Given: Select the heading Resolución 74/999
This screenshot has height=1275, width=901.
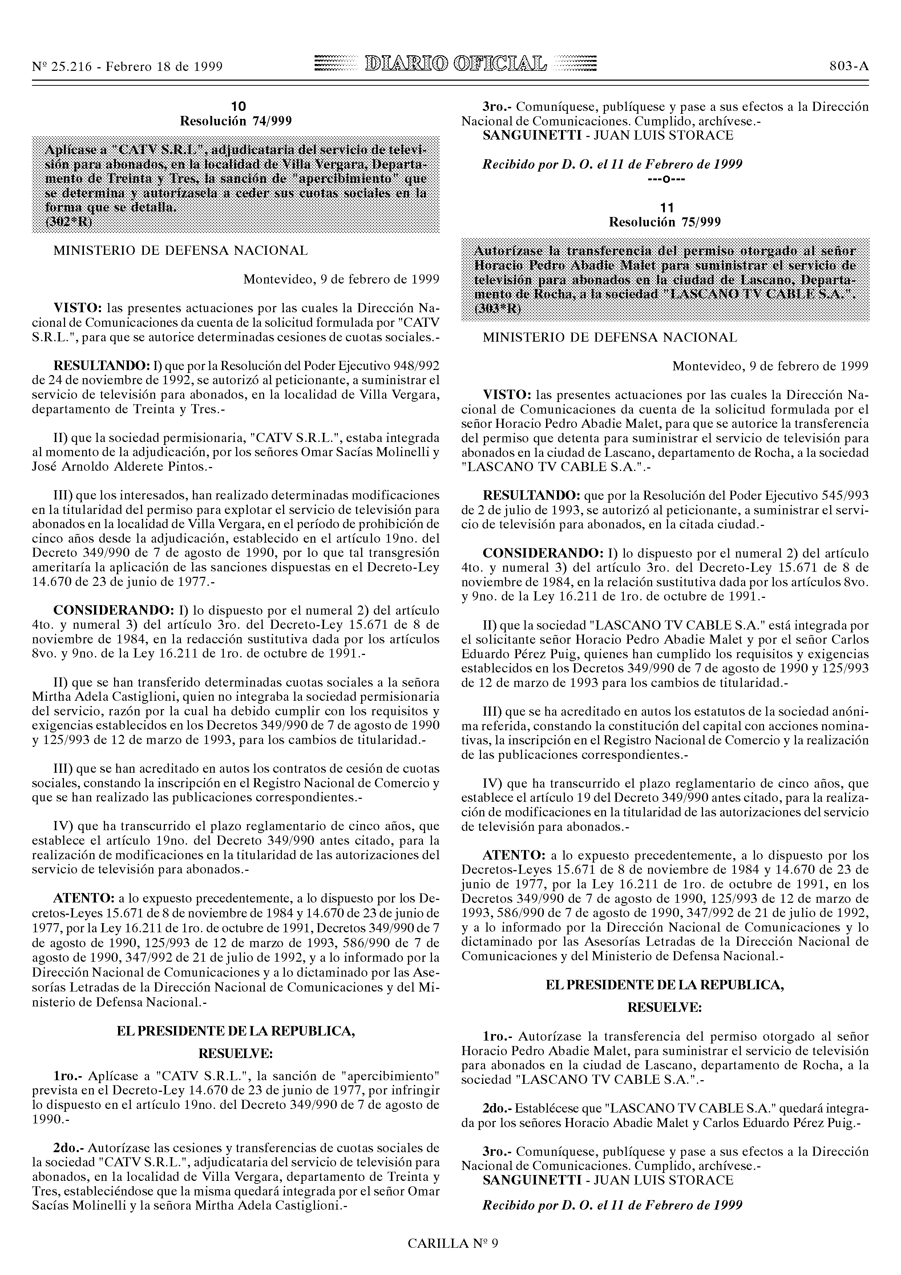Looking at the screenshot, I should pos(236,121).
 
